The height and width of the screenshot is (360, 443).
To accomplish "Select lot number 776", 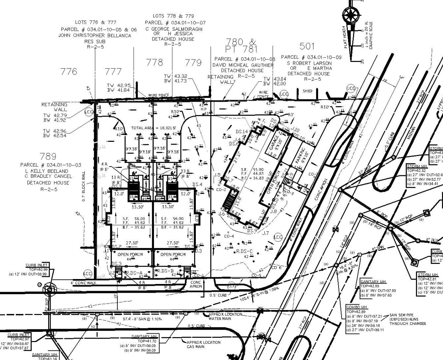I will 69,71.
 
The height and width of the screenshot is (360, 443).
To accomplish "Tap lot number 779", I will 193,63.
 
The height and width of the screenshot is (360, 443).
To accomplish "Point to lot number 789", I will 48,156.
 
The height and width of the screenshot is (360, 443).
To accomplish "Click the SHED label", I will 307,91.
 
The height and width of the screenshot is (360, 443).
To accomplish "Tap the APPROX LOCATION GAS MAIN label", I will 204,344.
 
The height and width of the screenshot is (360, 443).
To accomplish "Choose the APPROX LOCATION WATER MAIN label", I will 225,316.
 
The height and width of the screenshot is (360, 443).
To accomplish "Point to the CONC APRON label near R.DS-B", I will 196,284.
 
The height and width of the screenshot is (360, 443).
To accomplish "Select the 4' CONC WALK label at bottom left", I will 83,283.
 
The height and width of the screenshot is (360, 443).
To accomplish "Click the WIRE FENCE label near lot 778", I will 159,95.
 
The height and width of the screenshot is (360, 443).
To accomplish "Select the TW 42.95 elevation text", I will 118,85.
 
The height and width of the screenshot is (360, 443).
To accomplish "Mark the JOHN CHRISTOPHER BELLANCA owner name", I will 95,36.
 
